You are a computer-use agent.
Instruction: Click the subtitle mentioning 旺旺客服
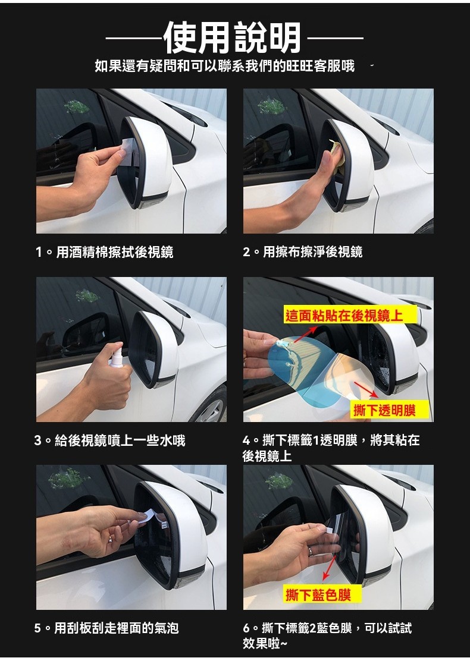click(x=224, y=66)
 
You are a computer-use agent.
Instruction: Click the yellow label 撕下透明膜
click(x=384, y=410)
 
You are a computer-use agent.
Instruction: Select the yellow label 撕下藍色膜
click(x=318, y=594)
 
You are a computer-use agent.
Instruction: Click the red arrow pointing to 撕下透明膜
click(x=366, y=389)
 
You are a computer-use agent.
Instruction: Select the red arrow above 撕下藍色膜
click(x=329, y=568)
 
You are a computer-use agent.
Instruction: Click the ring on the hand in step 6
click(x=310, y=550)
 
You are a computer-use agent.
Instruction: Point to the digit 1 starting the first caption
click(x=39, y=252)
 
